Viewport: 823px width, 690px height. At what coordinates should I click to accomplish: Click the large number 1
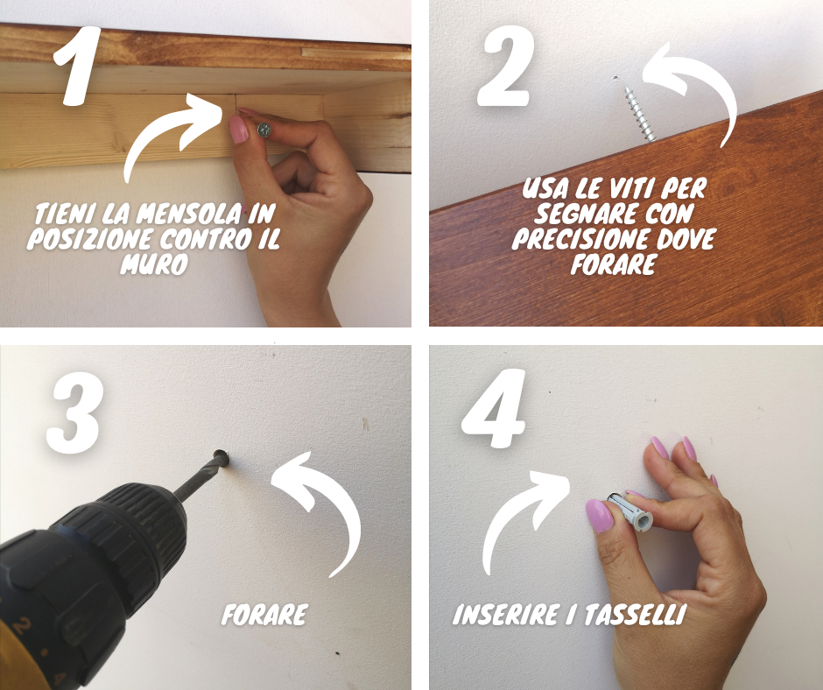click(x=79, y=66)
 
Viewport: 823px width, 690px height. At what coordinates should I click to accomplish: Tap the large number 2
click(x=505, y=67)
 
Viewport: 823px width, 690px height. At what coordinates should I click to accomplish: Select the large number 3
click(x=74, y=417)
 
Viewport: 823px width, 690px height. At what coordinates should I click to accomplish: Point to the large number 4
click(x=495, y=409)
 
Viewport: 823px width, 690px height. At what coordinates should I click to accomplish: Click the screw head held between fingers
click(x=264, y=130)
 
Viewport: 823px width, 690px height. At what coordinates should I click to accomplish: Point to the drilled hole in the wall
click(x=222, y=457)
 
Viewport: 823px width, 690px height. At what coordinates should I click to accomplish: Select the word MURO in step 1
click(x=154, y=264)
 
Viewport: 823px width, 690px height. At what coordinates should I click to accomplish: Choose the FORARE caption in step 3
click(x=264, y=615)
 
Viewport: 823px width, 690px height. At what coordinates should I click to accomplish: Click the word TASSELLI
click(x=635, y=615)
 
